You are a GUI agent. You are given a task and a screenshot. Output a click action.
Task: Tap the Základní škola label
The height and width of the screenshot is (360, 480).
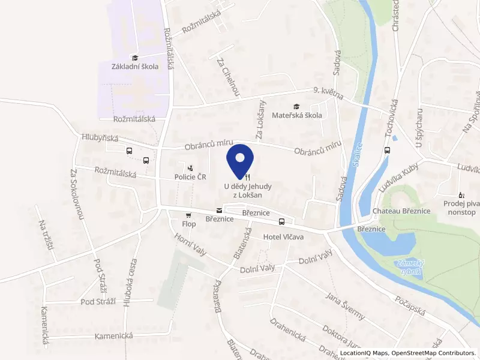[x=135, y=67]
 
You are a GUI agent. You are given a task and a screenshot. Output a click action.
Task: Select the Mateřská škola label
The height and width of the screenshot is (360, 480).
[x=296, y=115]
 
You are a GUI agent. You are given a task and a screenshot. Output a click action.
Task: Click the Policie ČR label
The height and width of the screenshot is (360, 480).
[x=190, y=177]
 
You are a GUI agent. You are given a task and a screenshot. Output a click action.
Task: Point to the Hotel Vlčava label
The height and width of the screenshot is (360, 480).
[x=284, y=238]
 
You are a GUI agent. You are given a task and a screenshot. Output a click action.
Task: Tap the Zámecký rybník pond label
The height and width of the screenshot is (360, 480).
[x=409, y=268]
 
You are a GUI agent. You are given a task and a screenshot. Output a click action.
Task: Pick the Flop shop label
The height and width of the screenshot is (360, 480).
[x=189, y=224]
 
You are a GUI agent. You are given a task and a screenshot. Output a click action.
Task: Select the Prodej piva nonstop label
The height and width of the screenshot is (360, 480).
[x=460, y=208]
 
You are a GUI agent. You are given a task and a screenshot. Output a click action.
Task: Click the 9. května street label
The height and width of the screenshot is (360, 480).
[x=328, y=91]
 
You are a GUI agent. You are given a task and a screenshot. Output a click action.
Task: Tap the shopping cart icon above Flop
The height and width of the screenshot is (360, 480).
[x=189, y=215]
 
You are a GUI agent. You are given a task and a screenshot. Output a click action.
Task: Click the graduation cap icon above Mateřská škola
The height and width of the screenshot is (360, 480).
[x=296, y=106]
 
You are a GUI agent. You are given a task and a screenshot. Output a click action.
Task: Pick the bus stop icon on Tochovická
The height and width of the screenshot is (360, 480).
[x=387, y=150]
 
